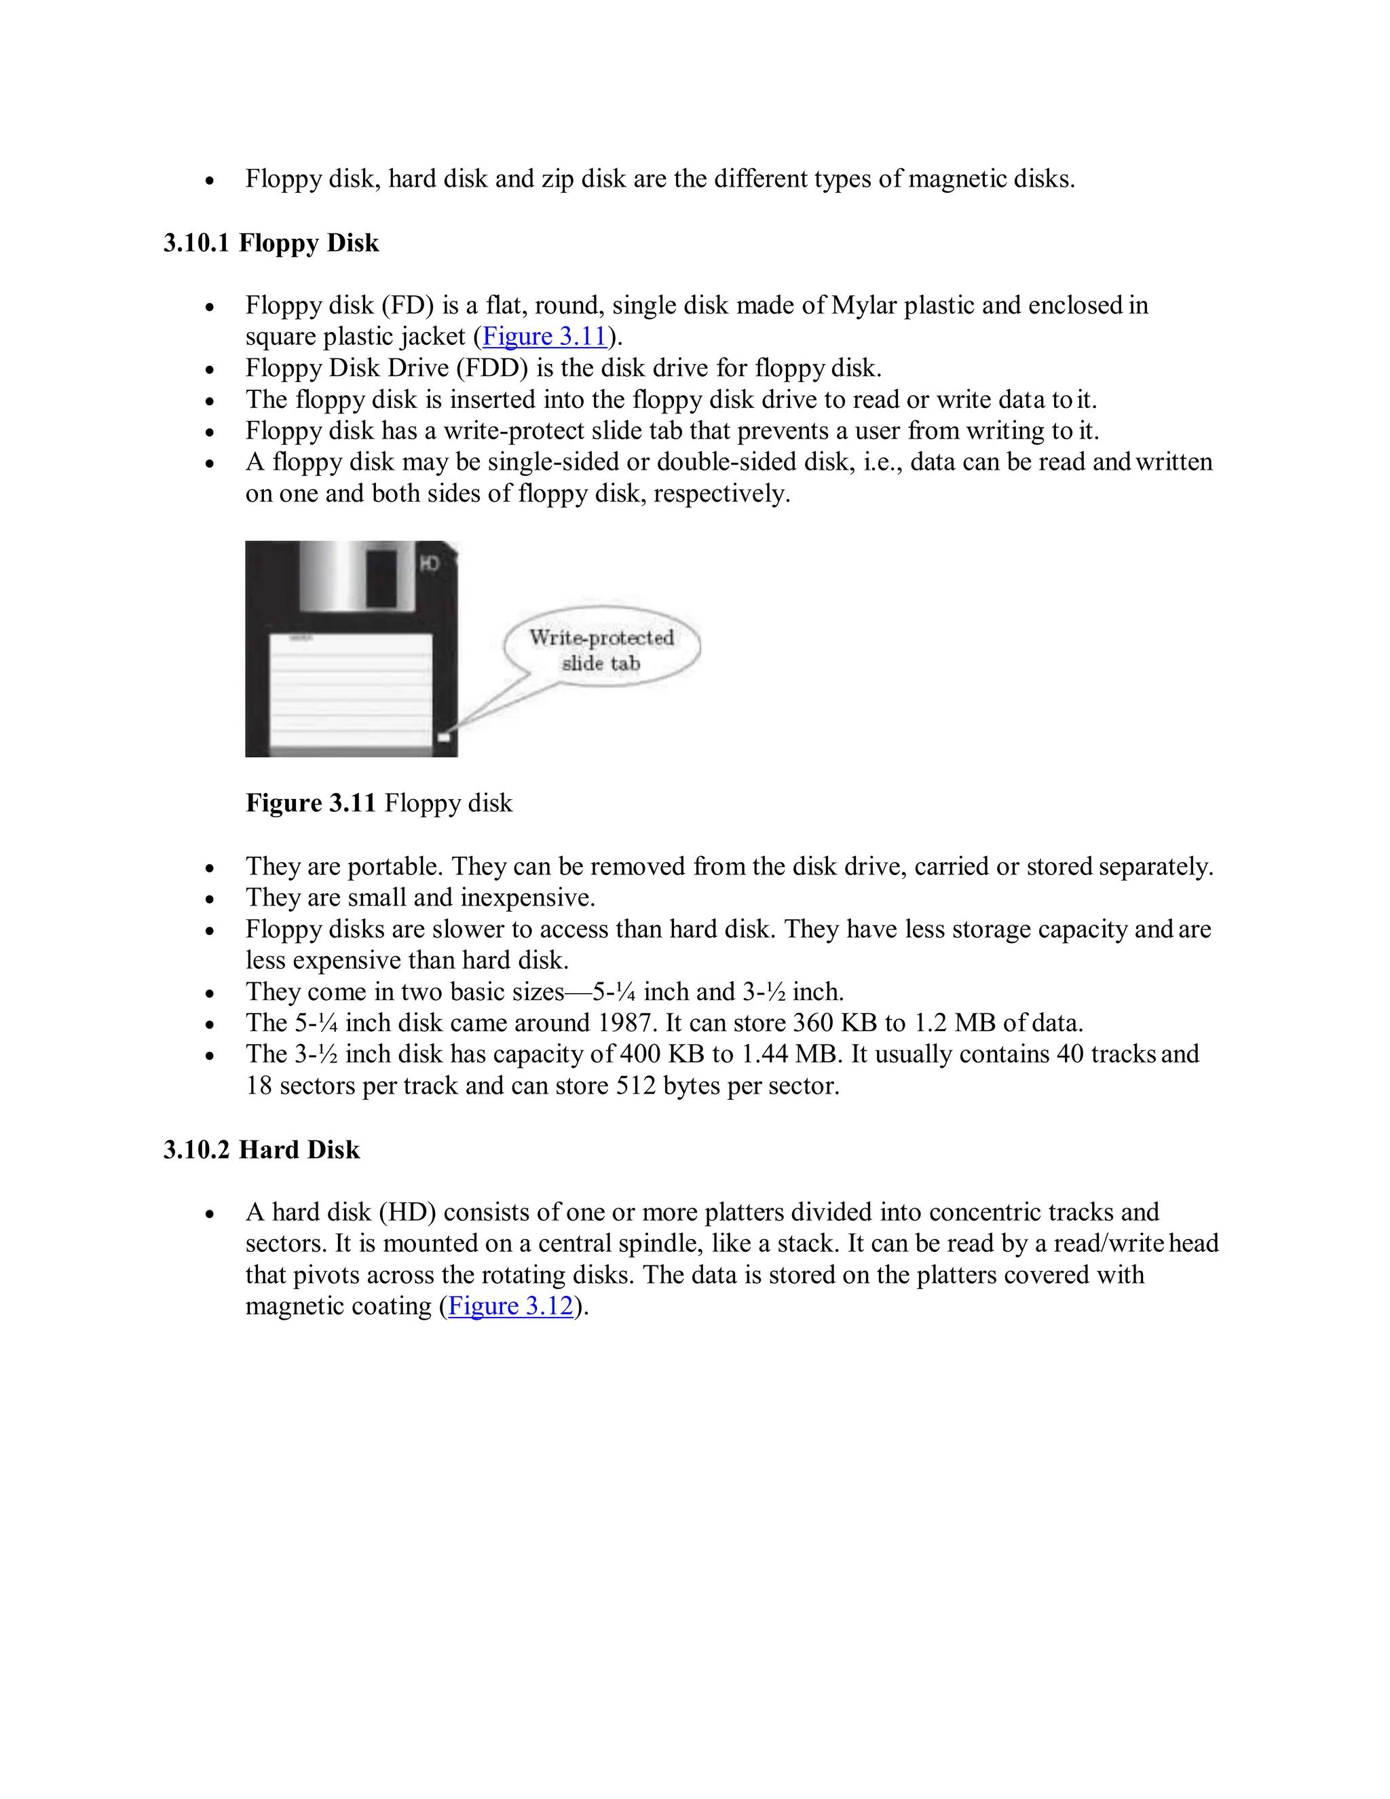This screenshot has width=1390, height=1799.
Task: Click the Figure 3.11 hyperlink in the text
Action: (x=544, y=337)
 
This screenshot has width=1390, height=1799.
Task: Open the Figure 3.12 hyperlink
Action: (x=510, y=1306)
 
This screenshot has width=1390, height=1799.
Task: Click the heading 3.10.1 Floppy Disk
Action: (x=271, y=243)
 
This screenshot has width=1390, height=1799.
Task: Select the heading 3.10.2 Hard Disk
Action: (x=261, y=1150)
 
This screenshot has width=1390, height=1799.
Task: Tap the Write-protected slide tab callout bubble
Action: (x=602, y=649)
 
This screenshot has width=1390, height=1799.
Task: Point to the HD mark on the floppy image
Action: (x=430, y=563)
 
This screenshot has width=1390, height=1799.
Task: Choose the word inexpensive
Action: (x=527, y=898)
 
